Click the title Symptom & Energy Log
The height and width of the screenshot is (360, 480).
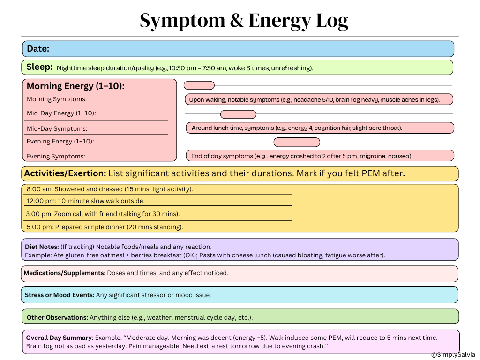244,21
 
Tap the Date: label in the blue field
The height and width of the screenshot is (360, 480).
38,49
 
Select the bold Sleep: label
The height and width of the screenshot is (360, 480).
39,67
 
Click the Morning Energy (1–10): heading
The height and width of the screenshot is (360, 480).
75,86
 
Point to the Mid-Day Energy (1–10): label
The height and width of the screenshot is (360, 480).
64,113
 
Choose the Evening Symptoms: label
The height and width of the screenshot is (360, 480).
56,157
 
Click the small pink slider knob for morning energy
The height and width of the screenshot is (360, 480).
199,85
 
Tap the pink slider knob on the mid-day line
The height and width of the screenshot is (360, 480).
238,114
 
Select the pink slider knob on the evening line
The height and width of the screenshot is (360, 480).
296,142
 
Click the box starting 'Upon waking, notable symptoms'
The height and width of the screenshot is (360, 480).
318,99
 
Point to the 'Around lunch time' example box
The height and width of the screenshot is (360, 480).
320,128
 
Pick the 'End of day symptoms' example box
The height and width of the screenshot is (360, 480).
320,156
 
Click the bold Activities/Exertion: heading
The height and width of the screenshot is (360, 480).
65,173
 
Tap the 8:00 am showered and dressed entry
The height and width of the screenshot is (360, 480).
110,189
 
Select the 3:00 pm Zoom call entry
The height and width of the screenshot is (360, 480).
103,214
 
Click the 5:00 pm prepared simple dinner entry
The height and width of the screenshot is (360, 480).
105,227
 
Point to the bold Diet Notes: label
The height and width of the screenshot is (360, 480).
42,247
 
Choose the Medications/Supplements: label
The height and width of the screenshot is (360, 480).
64,273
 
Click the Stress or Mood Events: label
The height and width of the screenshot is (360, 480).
59,295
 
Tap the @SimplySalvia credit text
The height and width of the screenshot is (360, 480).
453,355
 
